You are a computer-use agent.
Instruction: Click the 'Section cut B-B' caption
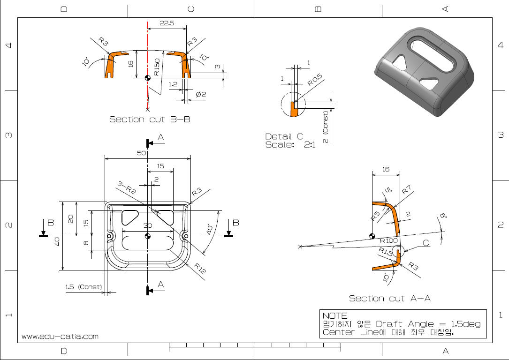click(x=150, y=120)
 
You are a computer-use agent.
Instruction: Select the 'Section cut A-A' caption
click(x=389, y=298)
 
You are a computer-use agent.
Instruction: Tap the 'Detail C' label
click(x=284, y=137)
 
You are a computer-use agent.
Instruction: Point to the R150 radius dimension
click(x=157, y=67)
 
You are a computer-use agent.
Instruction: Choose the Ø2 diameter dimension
click(x=201, y=94)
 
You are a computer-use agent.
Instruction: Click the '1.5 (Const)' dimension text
click(x=84, y=286)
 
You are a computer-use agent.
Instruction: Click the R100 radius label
click(x=389, y=240)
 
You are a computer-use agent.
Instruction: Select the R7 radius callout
click(x=406, y=191)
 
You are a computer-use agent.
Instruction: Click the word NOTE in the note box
click(x=335, y=316)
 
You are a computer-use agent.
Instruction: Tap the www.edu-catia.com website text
click(x=60, y=336)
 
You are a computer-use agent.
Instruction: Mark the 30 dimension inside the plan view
click(x=147, y=225)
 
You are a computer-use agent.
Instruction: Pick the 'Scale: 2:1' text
click(x=290, y=145)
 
